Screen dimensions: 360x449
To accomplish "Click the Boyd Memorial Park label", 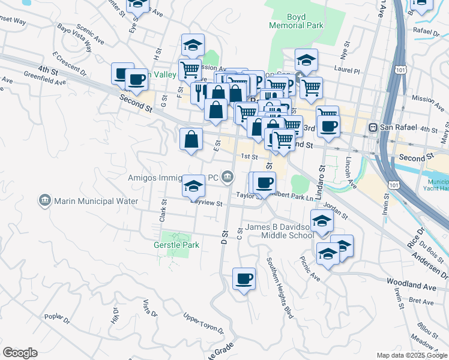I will (296, 21).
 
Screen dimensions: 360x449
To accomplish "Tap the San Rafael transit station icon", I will (373, 127).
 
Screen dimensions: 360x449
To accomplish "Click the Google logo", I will (20, 352).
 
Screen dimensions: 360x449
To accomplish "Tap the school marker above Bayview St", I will (193, 185).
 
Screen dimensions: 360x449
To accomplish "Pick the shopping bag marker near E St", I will (191, 140).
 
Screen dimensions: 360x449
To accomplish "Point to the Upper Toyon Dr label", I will (203, 323).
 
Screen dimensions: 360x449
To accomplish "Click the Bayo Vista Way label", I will (74, 36).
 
